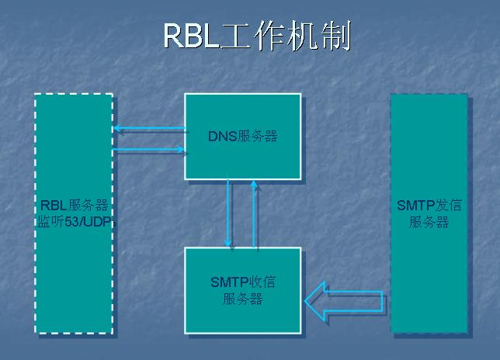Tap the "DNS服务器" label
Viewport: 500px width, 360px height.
[242, 137]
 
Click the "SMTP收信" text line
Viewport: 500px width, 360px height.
[242, 282]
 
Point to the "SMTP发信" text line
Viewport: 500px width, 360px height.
[429, 206]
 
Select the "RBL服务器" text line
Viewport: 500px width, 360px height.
[74, 206]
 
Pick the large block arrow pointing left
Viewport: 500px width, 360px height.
[343, 300]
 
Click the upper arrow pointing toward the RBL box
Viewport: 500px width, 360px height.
[148, 129]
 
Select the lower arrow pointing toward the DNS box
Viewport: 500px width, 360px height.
[148, 150]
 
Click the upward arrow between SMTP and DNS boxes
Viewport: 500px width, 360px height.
[254, 213]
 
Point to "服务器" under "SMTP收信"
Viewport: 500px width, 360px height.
[242, 299]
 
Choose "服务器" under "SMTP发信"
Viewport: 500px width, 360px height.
[429, 222]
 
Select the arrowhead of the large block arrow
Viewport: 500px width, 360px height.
[317, 300]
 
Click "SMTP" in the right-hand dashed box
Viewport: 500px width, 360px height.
[413, 206]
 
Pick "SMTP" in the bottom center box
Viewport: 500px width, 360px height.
[226, 282]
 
